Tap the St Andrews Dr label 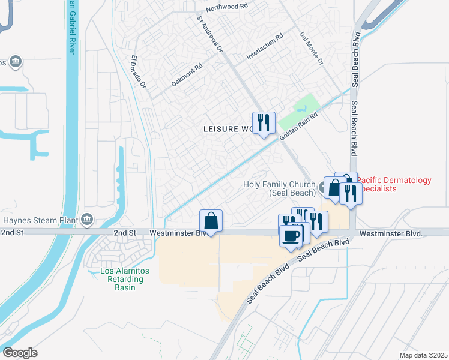(210, 34)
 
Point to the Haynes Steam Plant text (39, 220)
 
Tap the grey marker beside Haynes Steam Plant (88, 219)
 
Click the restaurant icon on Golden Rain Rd (264, 124)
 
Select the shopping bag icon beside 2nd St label (211, 221)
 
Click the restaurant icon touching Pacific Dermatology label (350, 193)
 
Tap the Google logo (20, 353)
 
